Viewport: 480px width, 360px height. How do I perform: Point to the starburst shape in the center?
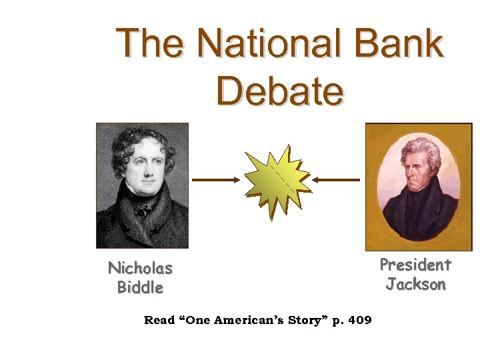point(276,180)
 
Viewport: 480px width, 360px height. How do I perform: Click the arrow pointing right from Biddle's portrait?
point(215,179)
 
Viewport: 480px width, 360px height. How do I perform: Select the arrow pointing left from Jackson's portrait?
point(337,179)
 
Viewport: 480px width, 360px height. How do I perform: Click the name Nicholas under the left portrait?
point(141,269)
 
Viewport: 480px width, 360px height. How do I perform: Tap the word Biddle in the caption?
point(140,288)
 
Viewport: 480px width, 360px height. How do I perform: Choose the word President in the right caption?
point(415,265)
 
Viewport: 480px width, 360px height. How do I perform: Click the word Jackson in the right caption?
point(415,285)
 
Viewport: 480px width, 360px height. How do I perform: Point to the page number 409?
point(359,321)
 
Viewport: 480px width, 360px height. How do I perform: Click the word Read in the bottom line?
point(159,321)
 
